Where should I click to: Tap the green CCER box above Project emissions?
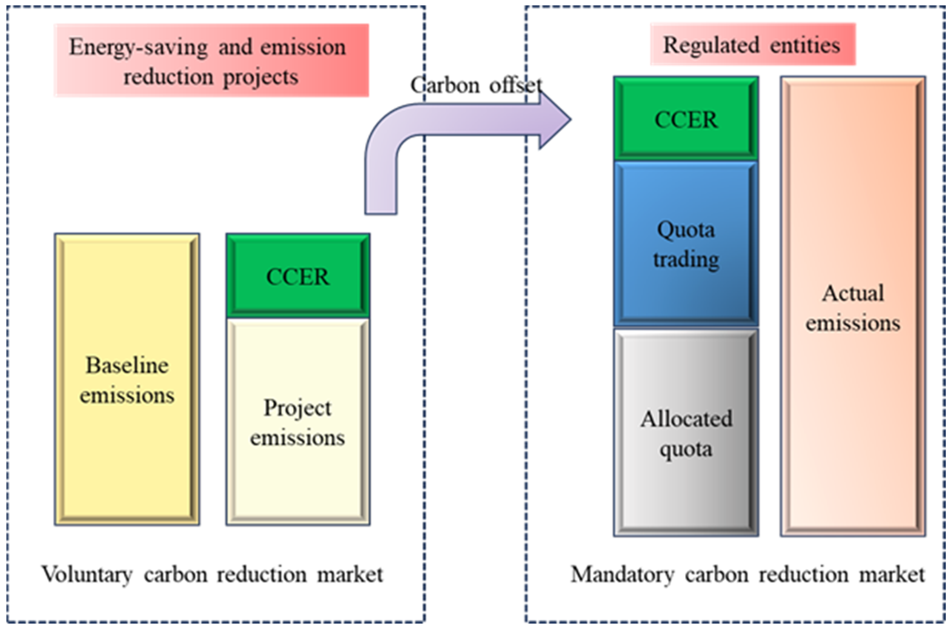pyautogui.click(x=298, y=276)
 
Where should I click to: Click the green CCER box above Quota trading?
pyautogui.click(x=686, y=119)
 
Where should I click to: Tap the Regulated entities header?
pyautogui.click(x=752, y=45)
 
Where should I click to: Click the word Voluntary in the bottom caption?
pyautogui.click(x=87, y=574)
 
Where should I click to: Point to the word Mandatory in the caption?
pyautogui.click(x=622, y=574)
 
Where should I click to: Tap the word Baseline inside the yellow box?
pyautogui.click(x=127, y=365)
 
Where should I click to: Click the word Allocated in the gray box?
pyautogui.click(x=686, y=419)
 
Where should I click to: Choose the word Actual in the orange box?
pyautogui.click(x=853, y=293)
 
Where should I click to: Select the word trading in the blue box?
pyautogui.click(x=686, y=259)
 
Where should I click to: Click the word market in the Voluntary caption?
pyautogui.click(x=350, y=574)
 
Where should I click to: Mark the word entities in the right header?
pyautogui.click(x=805, y=45)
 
